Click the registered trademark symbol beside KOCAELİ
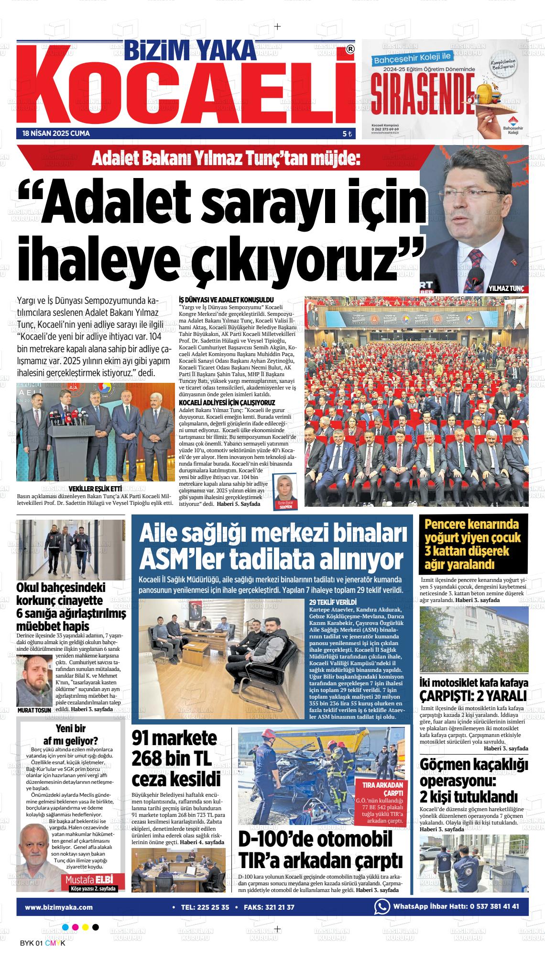point(350,49)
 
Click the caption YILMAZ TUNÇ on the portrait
point(506,289)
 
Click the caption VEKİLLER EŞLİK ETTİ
point(95,489)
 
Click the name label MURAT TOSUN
point(34,710)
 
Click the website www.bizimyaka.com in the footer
point(59,907)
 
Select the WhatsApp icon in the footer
point(381,906)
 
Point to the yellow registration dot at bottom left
point(86,927)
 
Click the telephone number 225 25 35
point(212,907)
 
